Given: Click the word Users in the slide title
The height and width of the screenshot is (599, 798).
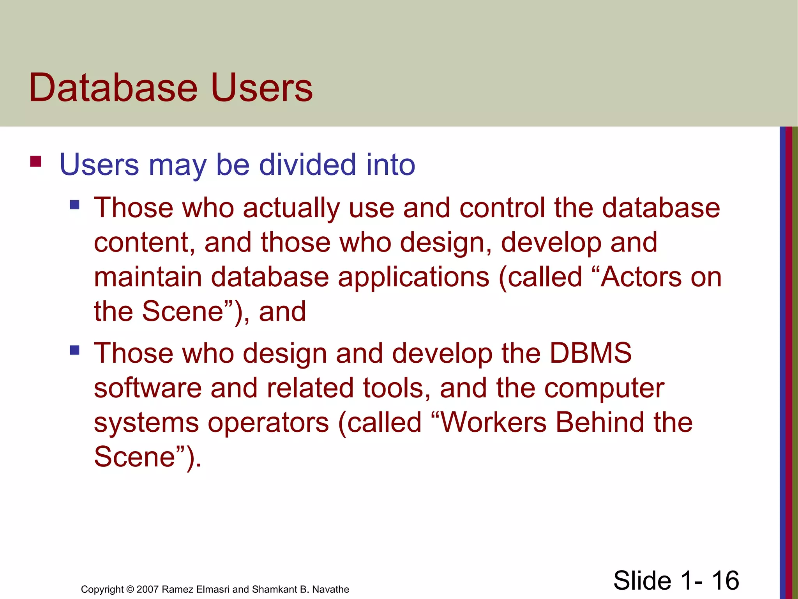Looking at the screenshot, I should click(261, 88).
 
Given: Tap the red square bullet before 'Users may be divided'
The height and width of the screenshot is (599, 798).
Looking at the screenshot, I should click(35, 161).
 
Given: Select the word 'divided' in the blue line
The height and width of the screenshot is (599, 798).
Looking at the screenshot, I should click(307, 165).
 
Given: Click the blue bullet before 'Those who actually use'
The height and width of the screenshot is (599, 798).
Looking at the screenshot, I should click(74, 205).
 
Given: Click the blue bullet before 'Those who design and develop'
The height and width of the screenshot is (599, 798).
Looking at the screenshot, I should click(74, 350).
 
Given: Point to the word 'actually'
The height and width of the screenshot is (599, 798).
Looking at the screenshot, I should click(291, 208).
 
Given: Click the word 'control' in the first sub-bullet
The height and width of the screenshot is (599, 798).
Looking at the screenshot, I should click(502, 207).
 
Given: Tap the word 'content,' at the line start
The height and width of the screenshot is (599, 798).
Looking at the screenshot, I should click(145, 243).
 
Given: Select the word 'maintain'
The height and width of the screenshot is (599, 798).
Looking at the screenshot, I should click(148, 277).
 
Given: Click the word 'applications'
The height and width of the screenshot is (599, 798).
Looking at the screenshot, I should click(413, 278).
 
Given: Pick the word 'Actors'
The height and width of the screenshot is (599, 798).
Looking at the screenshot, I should click(641, 277).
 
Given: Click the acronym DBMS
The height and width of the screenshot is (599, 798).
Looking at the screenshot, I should click(590, 353).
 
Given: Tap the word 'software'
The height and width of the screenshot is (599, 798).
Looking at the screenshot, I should click(148, 388).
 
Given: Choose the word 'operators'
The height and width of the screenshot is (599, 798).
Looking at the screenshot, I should click(268, 423).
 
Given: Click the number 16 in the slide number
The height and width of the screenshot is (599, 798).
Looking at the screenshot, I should click(725, 580).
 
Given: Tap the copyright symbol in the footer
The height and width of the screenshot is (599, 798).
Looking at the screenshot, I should click(130, 589).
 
